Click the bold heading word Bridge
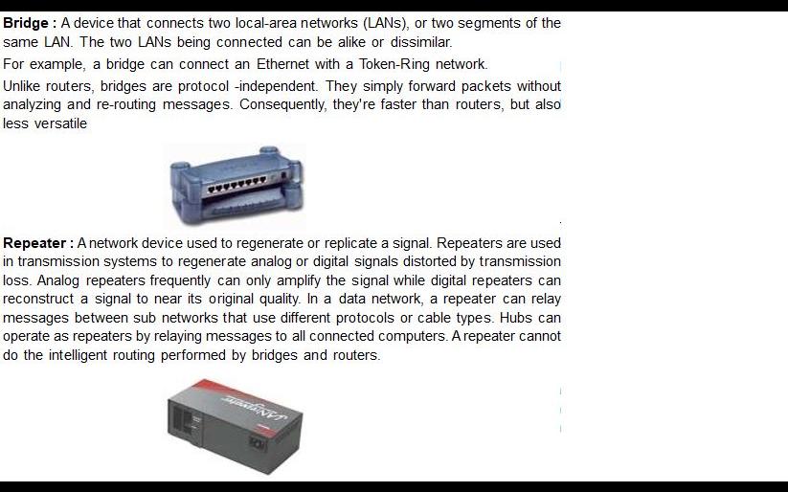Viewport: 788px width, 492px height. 26,24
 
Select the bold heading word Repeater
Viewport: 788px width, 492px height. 34,243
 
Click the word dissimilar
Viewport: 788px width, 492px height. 421,42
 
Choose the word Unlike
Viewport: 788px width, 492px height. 21,86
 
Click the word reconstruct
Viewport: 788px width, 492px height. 38,299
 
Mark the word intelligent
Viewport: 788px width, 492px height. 78,355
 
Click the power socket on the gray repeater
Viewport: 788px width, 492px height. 257,443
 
